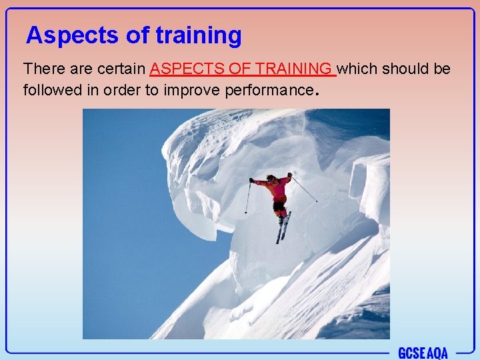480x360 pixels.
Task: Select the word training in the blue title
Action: (198, 35)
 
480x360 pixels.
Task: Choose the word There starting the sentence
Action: (43, 69)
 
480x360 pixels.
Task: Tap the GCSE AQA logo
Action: (423, 353)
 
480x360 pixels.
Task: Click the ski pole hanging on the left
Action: (247, 198)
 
